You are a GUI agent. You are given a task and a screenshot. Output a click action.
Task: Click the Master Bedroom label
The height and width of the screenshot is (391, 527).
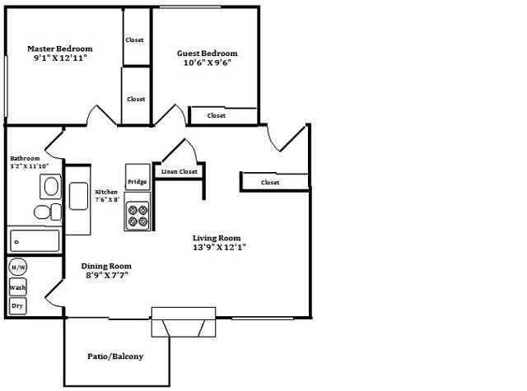point(60,49)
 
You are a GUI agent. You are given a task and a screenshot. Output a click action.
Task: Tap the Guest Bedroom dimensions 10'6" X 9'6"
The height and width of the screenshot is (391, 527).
point(208,63)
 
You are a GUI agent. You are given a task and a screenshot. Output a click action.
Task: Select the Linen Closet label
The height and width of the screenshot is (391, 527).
point(180,172)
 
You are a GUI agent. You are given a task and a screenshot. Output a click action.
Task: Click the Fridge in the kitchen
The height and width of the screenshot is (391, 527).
point(138,177)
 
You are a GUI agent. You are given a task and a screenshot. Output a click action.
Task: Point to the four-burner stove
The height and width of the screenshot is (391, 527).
point(138,212)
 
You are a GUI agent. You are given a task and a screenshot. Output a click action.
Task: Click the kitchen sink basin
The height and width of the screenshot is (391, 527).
point(79,196)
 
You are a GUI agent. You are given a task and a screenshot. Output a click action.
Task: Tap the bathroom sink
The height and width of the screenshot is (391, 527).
point(51,186)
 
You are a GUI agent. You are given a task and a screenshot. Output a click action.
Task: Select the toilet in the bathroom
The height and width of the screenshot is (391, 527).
point(48,212)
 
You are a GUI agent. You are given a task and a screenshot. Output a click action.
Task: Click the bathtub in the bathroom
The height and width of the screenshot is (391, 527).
point(35,241)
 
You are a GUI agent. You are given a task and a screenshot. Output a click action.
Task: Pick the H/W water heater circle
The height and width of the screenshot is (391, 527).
point(18,267)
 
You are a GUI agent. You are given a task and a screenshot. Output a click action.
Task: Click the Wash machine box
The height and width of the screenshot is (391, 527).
point(17,287)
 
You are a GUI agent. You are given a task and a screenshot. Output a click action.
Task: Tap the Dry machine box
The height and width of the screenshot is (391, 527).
point(17,306)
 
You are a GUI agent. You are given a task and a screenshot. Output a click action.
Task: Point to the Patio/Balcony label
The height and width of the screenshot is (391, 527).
point(115,356)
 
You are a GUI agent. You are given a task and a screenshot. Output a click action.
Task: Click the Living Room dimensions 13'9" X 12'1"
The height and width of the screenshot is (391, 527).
point(220,248)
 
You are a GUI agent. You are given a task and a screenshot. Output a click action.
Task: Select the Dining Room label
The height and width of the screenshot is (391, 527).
point(106,266)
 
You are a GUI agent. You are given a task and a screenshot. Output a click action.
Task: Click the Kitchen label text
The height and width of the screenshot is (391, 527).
point(106,192)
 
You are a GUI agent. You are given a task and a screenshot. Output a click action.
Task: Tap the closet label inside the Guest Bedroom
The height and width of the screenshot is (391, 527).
point(217,115)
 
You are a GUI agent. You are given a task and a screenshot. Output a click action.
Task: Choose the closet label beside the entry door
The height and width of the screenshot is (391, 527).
point(270,183)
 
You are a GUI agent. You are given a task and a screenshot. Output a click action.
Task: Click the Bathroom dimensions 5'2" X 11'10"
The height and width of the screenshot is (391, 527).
point(30,166)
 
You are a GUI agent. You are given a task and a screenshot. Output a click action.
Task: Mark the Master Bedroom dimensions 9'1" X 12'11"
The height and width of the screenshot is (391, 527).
point(60,58)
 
